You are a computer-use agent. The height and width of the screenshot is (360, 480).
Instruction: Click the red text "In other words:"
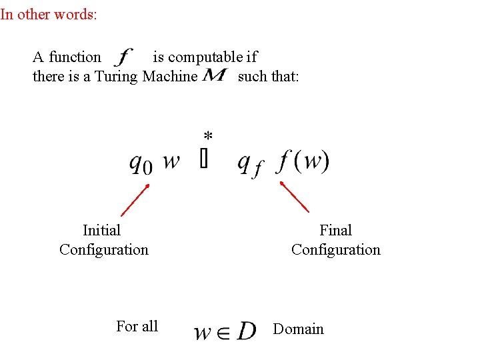[49, 14]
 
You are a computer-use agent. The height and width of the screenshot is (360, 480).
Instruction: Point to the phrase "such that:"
[269, 76]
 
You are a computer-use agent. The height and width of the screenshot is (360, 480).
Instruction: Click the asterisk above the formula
[207, 137]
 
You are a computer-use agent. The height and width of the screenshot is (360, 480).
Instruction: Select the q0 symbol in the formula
[140, 162]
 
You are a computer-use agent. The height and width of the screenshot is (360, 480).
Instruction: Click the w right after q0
[171, 161]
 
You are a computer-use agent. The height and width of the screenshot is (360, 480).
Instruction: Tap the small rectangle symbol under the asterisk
[204, 160]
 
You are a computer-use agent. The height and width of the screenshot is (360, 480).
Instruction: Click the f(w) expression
[303, 161]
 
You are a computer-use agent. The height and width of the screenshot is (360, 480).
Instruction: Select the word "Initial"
[101, 231]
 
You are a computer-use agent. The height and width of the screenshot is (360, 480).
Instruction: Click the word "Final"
[335, 231]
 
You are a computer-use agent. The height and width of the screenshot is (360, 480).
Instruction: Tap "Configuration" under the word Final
[335, 250]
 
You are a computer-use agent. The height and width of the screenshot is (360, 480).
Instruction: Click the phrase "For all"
[137, 326]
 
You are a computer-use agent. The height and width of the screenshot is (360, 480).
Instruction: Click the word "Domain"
[298, 329]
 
